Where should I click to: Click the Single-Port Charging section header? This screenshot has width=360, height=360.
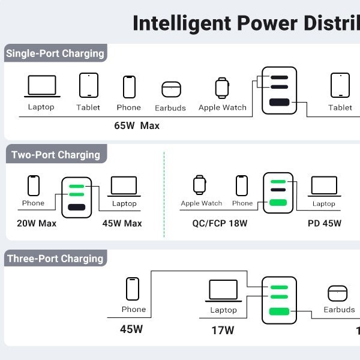[56, 53]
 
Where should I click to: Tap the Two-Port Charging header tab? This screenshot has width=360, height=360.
[56, 154]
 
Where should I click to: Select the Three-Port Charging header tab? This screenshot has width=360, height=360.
[56, 258]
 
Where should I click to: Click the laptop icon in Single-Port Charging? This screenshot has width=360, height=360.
[42, 86]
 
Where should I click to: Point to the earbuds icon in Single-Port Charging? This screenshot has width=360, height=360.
[171, 89]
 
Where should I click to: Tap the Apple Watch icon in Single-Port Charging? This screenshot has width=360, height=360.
[222, 88]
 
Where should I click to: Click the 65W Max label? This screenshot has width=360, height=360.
[137, 125]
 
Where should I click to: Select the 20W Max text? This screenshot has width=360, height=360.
[37, 223]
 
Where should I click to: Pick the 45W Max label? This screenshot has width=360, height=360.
[122, 223]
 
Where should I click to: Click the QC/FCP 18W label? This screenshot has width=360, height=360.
[220, 223]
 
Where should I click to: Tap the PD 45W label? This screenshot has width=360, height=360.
[325, 223]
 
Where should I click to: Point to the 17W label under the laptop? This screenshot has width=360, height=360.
[223, 331]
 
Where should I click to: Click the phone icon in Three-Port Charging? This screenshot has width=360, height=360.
[133, 289]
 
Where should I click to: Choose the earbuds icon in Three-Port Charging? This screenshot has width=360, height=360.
[337, 293]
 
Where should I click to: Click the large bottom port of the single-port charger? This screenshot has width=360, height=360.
[279, 102]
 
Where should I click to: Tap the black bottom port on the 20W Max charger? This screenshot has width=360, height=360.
[77, 207]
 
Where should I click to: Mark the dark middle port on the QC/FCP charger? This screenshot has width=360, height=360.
[278, 190]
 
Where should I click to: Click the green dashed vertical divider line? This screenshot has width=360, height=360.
[164, 194]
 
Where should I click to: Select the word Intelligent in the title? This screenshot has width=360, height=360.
[182, 24]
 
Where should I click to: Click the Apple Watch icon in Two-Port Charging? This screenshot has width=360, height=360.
[200, 185]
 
